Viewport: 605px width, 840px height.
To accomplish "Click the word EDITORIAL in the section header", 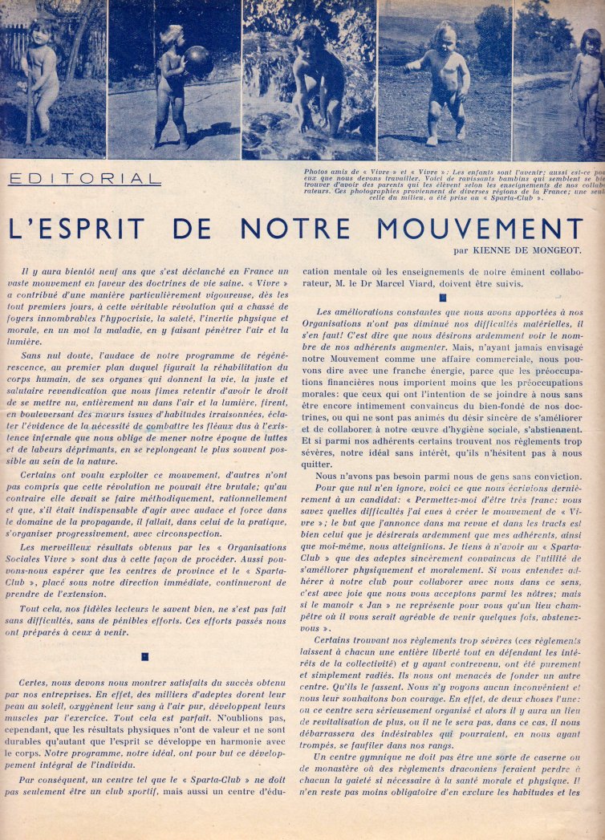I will tap(85, 179).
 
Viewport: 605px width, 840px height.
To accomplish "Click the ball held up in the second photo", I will tap(197, 61).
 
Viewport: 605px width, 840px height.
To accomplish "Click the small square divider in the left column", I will tap(145, 655).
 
